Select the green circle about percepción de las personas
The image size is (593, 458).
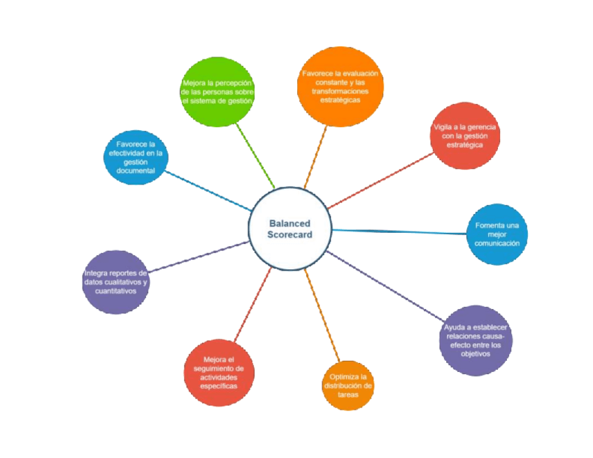coord(217,92)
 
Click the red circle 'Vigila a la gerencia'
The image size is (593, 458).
coord(465,136)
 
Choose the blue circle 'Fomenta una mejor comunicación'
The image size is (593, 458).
coord(497,234)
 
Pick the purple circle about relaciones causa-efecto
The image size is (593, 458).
coord(476,341)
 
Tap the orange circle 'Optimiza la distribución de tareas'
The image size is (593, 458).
coord(348,385)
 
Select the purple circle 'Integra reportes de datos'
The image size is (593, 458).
coord(115,282)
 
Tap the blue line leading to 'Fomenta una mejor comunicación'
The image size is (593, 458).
coord(399,231)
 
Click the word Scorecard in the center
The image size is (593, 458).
coord(290,235)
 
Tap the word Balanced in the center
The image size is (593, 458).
coord(290,223)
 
